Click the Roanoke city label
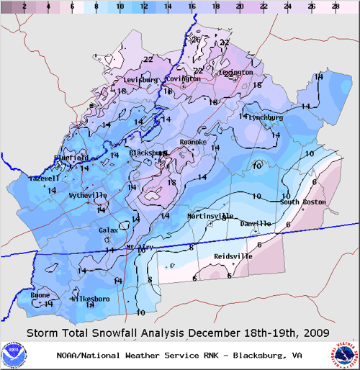pyautogui.click(x=193, y=143)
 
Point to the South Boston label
pyautogui.click(x=300, y=202)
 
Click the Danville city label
pyautogui.click(x=256, y=224)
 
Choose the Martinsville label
pyautogui.click(x=210, y=216)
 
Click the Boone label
pyautogui.click(x=40, y=295)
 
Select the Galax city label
pyautogui.click(x=108, y=230)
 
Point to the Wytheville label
pyautogui.click(x=88, y=195)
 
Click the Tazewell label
pyautogui.click(x=45, y=177)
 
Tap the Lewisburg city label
pyautogui.click(x=140, y=79)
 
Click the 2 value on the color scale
pyautogui.click(x=24, y=6)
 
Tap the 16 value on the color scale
pyautogui.click(x=192, y=6)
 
